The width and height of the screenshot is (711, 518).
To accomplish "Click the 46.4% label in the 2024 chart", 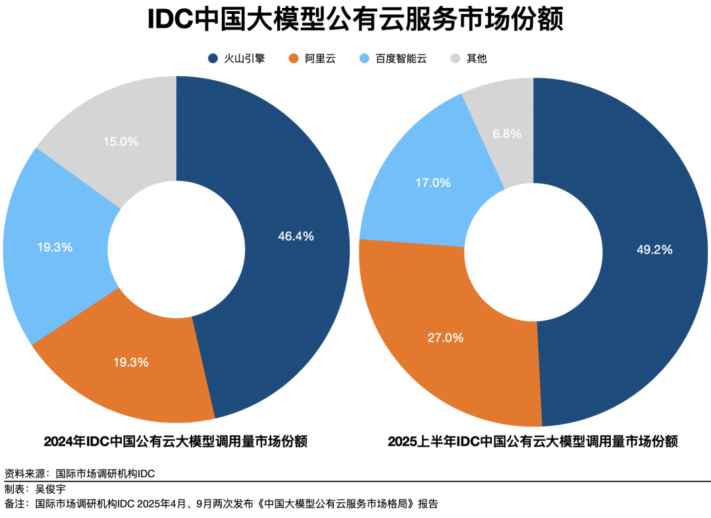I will point(296,236).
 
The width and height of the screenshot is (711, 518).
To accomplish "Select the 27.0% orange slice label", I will point(446,338).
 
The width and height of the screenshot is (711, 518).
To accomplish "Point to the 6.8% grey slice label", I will point(507,134).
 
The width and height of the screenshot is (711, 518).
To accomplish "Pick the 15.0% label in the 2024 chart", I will point(121,142).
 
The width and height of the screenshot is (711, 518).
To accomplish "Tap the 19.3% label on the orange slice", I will point(130,362).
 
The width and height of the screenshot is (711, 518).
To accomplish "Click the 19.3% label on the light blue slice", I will point(55,247).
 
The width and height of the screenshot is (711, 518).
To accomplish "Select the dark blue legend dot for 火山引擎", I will point(213,59).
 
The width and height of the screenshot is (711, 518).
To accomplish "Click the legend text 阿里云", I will point(320,59).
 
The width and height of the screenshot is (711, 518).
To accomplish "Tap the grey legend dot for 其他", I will point(456,59).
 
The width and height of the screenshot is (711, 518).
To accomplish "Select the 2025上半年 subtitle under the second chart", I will point(421,441).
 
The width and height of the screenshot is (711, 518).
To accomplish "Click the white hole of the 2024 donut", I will point(176,248).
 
